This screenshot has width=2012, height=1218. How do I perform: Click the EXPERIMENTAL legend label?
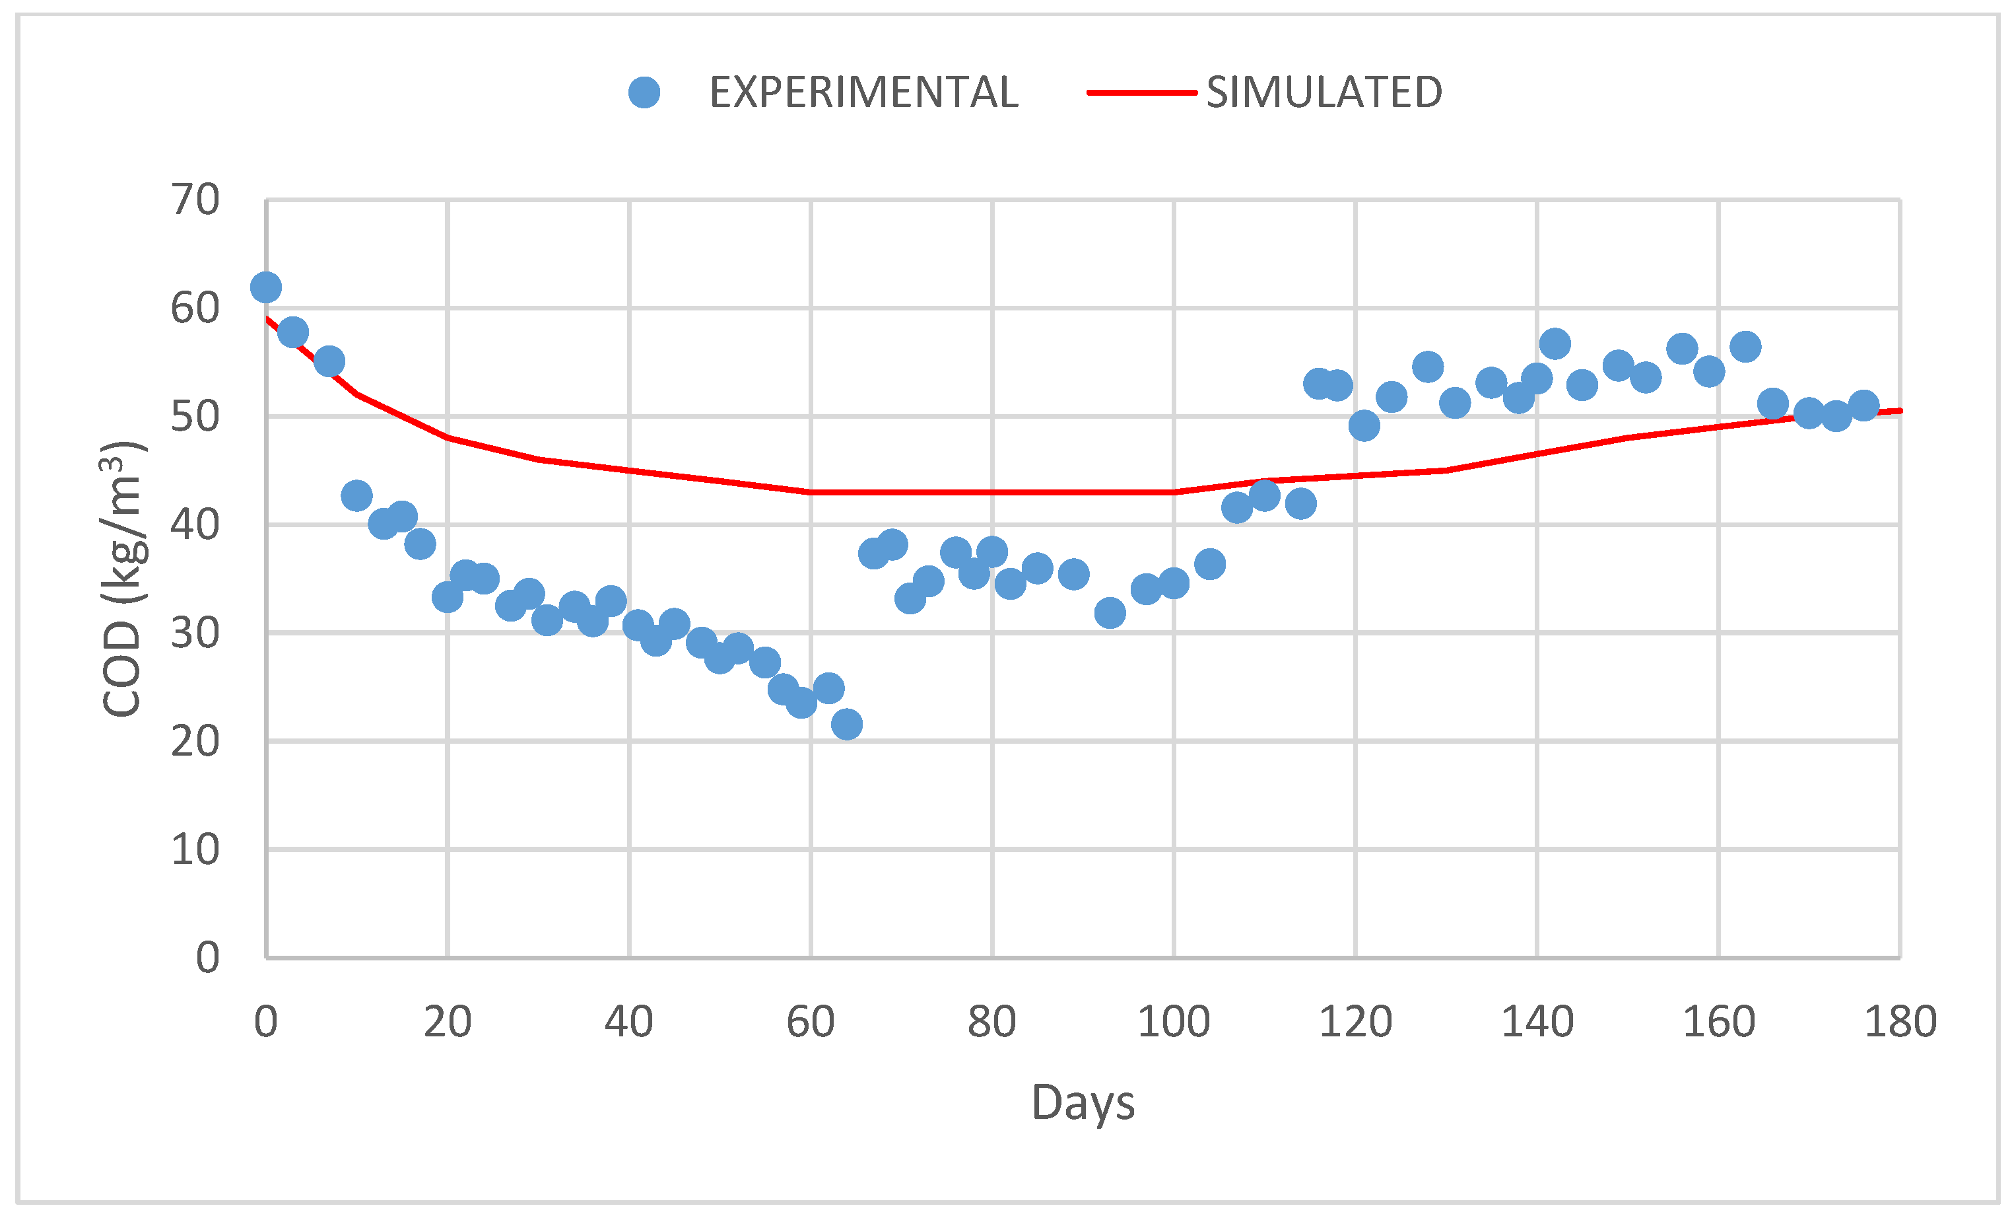(x=863, y=92)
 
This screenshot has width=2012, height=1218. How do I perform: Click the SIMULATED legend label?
(x=1324, y=92)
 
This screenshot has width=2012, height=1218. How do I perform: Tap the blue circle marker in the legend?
(x=644, y=92)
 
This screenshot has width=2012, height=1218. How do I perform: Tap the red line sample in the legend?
(x=1141, y=92)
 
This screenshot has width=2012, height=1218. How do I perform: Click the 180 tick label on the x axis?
(x=1900, y=1022)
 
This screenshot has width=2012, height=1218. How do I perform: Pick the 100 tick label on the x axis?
(x=1174, y=1022)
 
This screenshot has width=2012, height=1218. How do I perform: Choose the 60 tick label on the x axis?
(x=810, y=1022)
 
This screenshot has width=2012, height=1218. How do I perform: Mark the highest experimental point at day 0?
(x=265, y=287)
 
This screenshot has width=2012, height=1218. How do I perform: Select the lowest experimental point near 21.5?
(x=847, y=724)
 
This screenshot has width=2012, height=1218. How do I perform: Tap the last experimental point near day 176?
(x=1863, y=405)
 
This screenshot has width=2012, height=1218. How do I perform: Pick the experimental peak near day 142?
(x=1555, y=344)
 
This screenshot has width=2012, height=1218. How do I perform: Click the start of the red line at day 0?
(x=267, y=318)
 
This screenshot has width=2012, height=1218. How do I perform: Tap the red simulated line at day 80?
(x=992, y=493)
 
